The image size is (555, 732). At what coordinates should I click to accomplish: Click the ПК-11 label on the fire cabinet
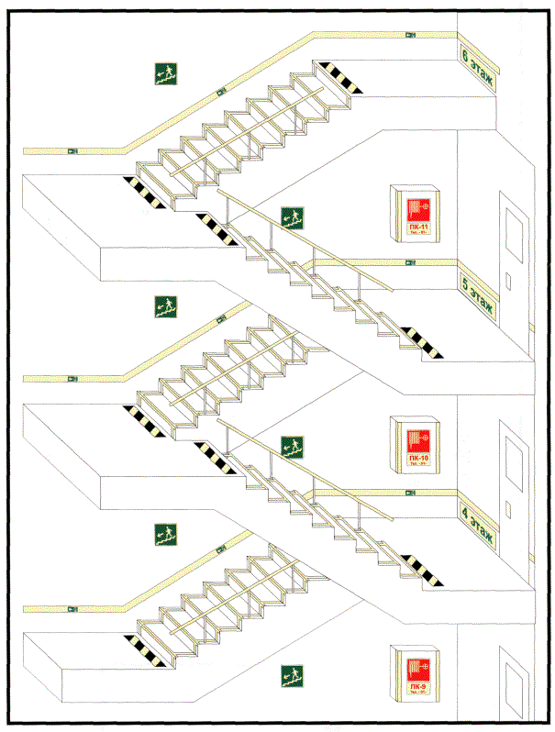pyautogui.click(x=417, y=227)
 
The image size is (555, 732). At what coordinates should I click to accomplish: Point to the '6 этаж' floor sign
pyautogui.click(x=477, y=69)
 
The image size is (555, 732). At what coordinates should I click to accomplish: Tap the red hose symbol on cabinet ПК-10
pyautogui.click(x=417, y=435)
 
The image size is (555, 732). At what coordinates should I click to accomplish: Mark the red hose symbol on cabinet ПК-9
pyautogui.click(x=417, y=665)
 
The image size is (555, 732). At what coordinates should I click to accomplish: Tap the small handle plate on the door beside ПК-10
pyautogui.click(x=506, y=505)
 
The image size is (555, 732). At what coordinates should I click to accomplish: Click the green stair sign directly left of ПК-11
pyautogui.click(x=292, y=217)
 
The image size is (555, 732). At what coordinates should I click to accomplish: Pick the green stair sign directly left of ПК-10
pyautogui.click(x=292, y=447)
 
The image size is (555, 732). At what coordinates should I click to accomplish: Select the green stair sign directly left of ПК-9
pyautogui.click(x=292, y=677)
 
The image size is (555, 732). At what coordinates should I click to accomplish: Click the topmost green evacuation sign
pyautogui.click(x=165, y=72)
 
